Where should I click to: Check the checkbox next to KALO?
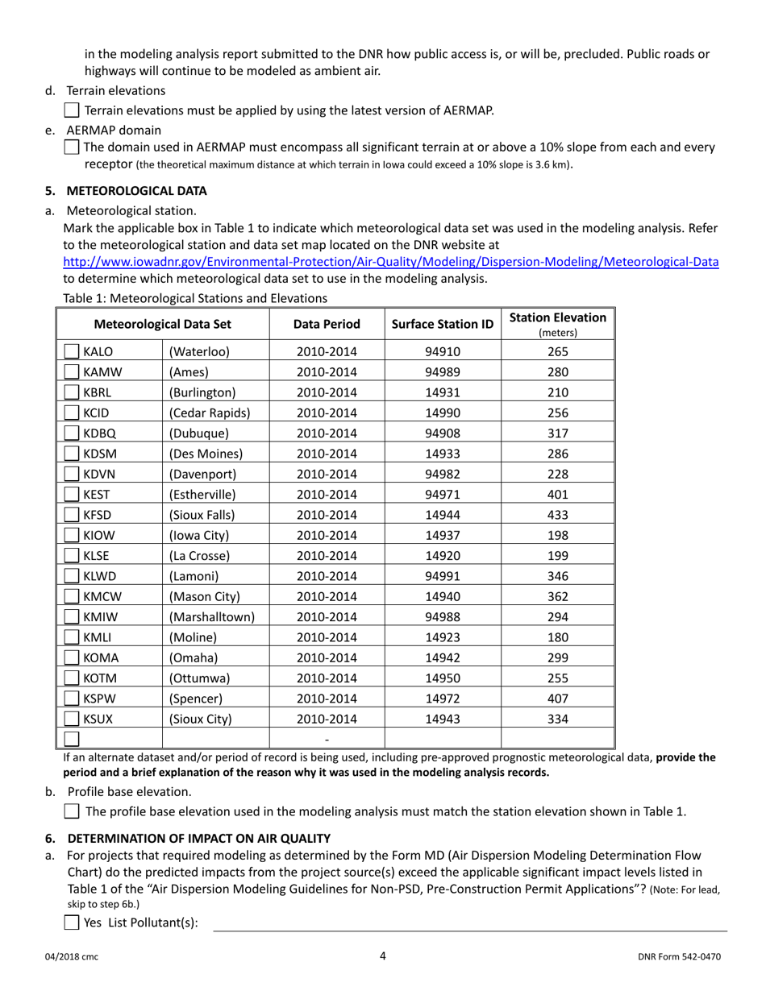tap(72, 352)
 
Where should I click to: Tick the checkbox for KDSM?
tap(72, 453)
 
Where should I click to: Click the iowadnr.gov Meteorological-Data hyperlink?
tap(391, 262)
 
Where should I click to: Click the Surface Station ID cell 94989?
tap(443, 372)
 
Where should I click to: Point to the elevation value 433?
tap(557, 514)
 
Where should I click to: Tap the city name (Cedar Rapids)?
tap(210, 413)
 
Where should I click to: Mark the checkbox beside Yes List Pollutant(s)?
tap(71, 923)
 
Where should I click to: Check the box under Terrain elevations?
tap(71, 110)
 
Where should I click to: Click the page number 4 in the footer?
tap(383, 956)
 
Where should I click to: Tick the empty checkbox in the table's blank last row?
tap(72, 739)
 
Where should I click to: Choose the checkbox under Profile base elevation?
tap(71, 811)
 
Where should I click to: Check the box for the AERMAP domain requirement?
tap(71, 147)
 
